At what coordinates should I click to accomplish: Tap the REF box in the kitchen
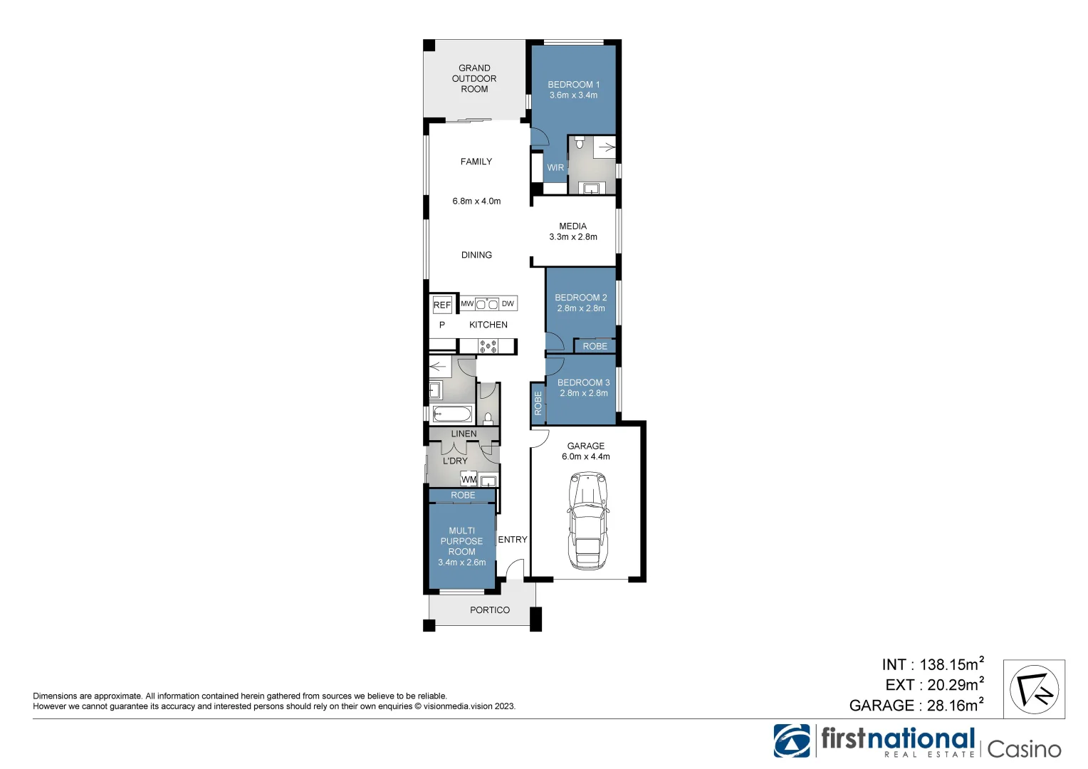[442, 305]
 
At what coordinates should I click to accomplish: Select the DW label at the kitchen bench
[508, 304]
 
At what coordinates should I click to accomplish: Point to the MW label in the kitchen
[467, 304]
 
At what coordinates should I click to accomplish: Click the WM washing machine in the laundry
[469, 479]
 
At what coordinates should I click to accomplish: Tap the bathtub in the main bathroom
[451, 414]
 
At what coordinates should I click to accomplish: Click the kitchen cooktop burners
[488, 347]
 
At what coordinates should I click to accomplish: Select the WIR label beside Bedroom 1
[555, 168]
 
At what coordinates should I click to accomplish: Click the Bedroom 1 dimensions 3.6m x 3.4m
[573, 95]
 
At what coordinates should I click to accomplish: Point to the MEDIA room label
[572, 226]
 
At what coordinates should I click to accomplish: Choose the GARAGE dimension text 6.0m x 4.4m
[585, 457]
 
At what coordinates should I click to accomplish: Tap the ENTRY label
[513, 540]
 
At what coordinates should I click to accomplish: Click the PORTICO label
[490, 610]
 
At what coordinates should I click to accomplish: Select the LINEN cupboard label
[464, 434]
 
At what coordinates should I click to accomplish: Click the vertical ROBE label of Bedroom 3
[538, 404]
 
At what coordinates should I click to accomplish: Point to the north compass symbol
[1034, 689]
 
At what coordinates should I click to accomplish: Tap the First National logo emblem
[792, 741]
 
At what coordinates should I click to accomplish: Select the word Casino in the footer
[1024, 749]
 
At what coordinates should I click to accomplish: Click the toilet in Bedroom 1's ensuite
[579, 143]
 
